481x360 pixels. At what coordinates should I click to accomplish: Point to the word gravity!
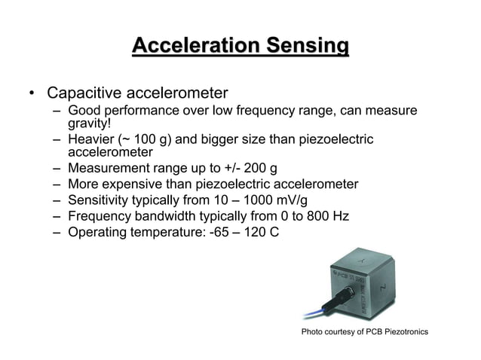90,124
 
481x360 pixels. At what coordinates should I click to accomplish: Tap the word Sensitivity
100,200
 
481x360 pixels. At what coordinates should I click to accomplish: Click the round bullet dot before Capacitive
32,96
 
